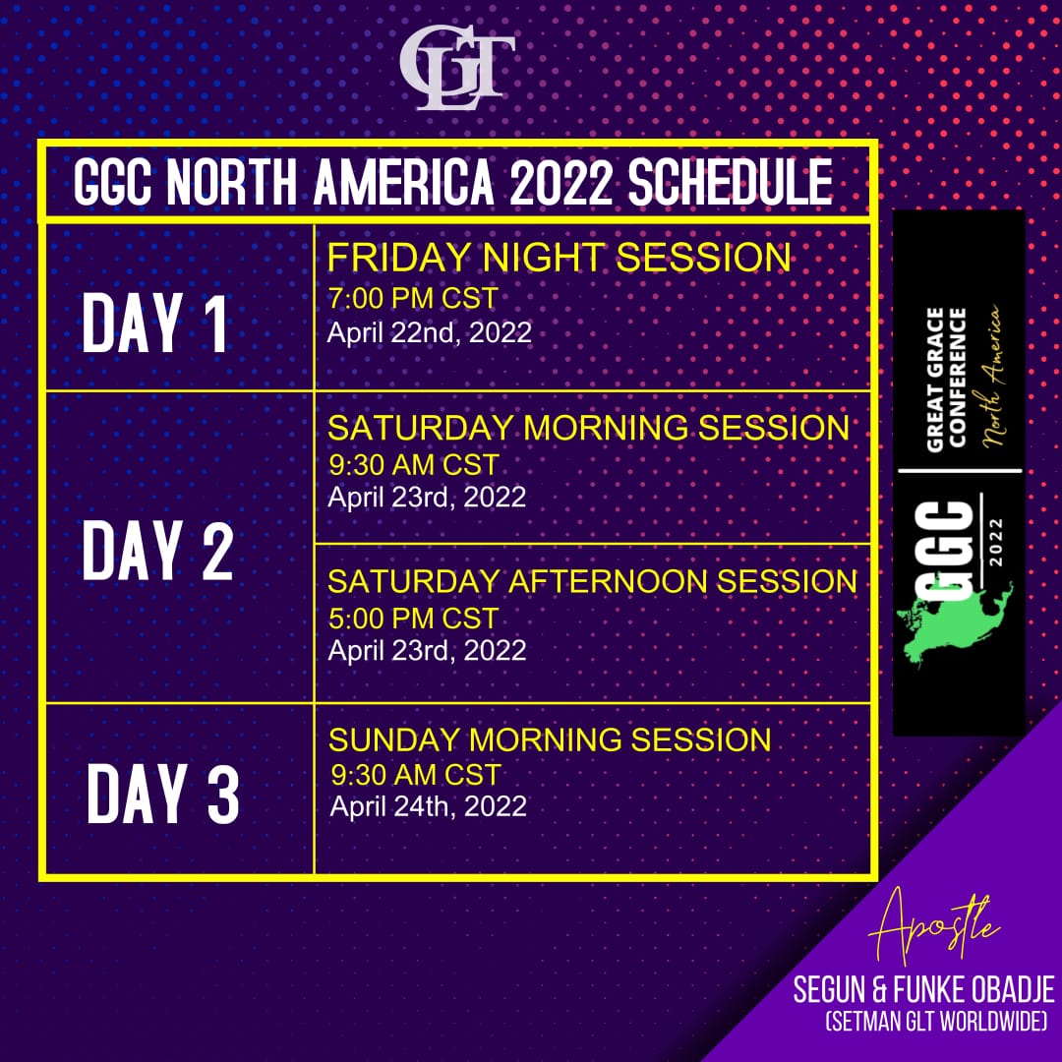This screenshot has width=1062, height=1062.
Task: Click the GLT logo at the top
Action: point(457,67)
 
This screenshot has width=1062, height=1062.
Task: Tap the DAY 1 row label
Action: point(154,324)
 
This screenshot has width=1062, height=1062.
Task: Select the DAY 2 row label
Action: point(157,550)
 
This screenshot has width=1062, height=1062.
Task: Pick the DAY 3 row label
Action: point(162,793)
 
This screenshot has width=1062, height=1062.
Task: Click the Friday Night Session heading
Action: point(559,258)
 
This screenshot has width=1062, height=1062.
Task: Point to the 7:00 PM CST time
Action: point(413,298)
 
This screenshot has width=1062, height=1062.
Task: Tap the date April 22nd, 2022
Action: point(430,332)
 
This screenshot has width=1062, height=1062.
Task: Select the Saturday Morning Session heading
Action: point(588,428)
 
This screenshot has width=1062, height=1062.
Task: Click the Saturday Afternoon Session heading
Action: point(592,582)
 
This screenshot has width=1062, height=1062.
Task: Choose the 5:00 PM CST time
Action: point(413,619)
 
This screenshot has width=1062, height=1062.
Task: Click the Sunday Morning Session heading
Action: point(550,739)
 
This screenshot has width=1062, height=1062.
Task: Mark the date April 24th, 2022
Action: point(428,806)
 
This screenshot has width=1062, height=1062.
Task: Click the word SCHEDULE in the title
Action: point(730,183)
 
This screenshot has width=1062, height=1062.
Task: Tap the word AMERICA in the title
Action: point(404,183)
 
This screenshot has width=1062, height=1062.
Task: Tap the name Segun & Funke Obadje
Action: point(923,990)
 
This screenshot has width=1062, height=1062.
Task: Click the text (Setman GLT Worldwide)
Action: point(936,1021)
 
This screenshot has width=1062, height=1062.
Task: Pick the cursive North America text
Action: point(990,377)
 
